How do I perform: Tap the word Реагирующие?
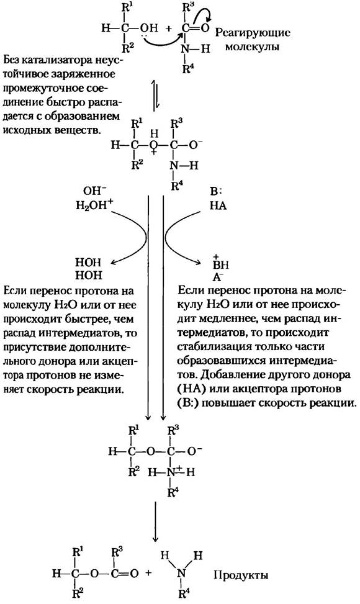tap(253, 34)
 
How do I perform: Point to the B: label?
tap(217, 191)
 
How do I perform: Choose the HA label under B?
tap(218, 206)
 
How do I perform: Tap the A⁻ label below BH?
tap(218, 277)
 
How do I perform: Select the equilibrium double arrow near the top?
tap(155, 96)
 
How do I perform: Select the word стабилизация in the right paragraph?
tap(215, 346)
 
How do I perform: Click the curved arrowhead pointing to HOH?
tap(113, 263)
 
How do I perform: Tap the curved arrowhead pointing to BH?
tap(199, 263)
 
